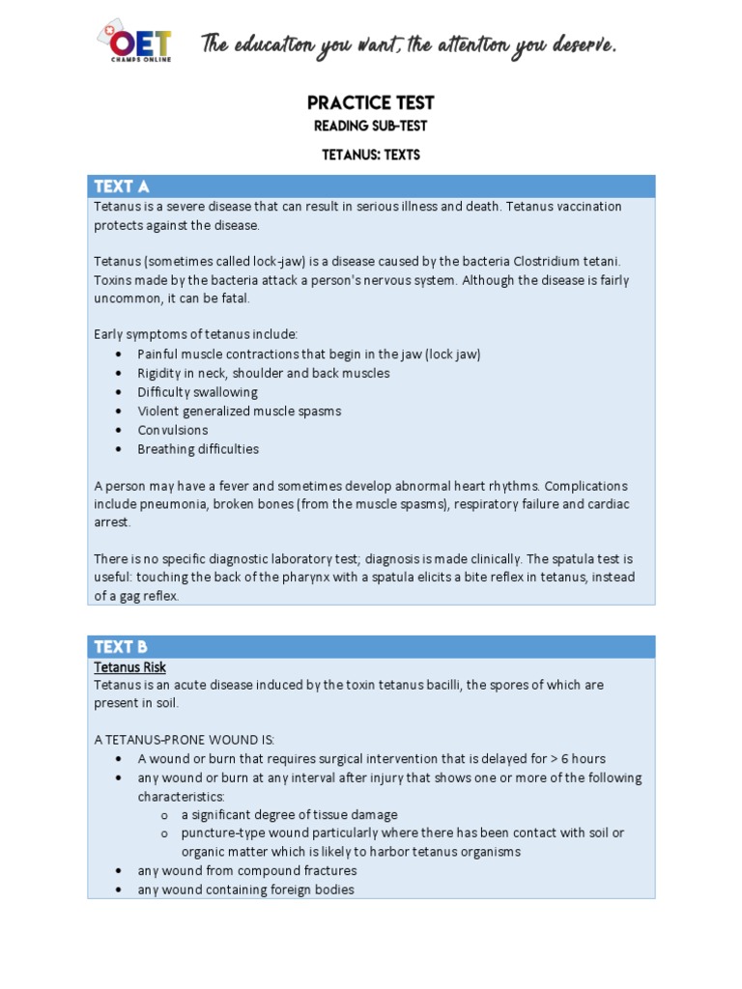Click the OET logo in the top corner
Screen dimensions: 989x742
click(134, 42)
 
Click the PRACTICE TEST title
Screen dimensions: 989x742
click(370, 102)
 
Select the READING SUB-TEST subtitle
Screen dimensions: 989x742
click(370, 127)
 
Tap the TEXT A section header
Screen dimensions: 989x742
click(121, 186)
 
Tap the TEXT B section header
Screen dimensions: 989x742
click(121, 647)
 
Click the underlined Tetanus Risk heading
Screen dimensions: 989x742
click(130, 666)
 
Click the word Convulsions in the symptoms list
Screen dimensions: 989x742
click(173, 430)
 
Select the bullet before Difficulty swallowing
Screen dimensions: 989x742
click(118, 392)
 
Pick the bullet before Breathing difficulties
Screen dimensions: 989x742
click(118, 449)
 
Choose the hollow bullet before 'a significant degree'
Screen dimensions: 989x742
click(164, 815)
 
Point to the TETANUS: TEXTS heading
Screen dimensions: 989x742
click(370, 155)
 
